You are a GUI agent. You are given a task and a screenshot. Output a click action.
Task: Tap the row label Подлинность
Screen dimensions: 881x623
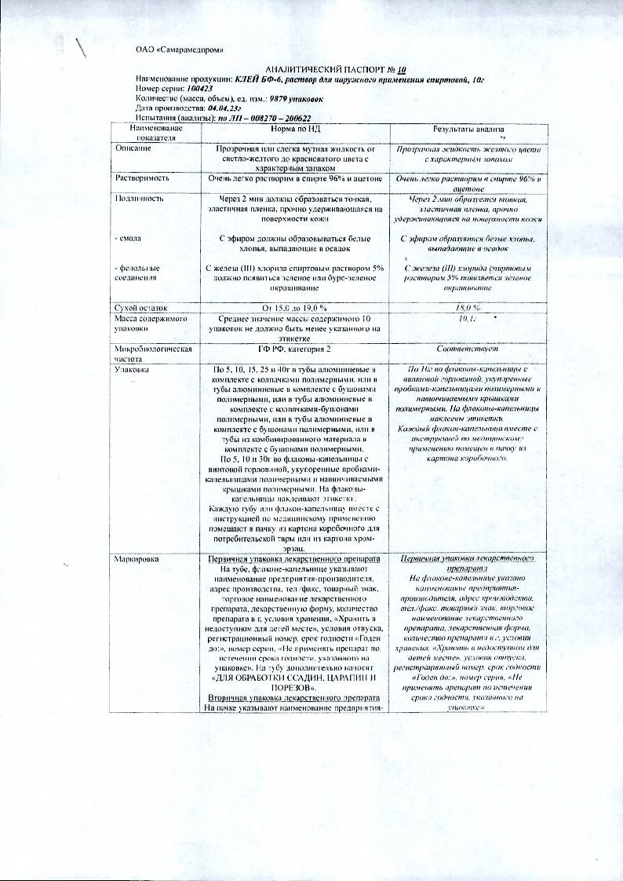pyautogui.click(x=140, y=199)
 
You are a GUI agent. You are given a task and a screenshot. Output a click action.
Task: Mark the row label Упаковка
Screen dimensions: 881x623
pyautogui.click(x=136, y=368)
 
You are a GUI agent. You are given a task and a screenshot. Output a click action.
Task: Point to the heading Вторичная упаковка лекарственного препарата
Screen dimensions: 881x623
pyautogui.click(x=293, y=698)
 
